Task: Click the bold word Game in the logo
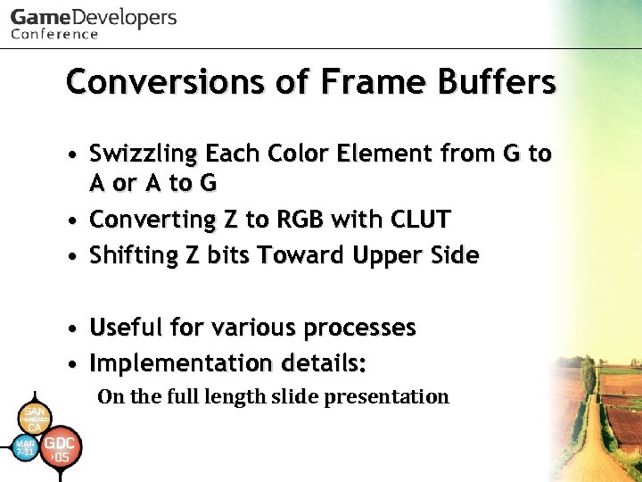point(39,17)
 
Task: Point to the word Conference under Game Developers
point(54,35)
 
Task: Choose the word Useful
point(130,328)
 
